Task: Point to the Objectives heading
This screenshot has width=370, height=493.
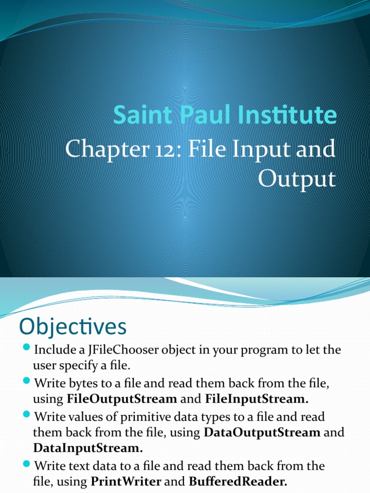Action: tap(73, 327)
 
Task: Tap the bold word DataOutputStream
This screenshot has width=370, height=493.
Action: tap(262, 432)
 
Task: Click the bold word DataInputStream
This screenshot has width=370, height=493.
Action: tap(88, 448)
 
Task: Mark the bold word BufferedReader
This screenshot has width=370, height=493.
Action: tap(238, 481)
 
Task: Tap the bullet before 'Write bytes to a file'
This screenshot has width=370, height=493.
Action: tap(26, 382)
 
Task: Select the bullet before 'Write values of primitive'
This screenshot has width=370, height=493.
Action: tap(26, 415)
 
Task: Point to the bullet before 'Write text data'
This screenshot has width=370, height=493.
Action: tap(26, 465)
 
